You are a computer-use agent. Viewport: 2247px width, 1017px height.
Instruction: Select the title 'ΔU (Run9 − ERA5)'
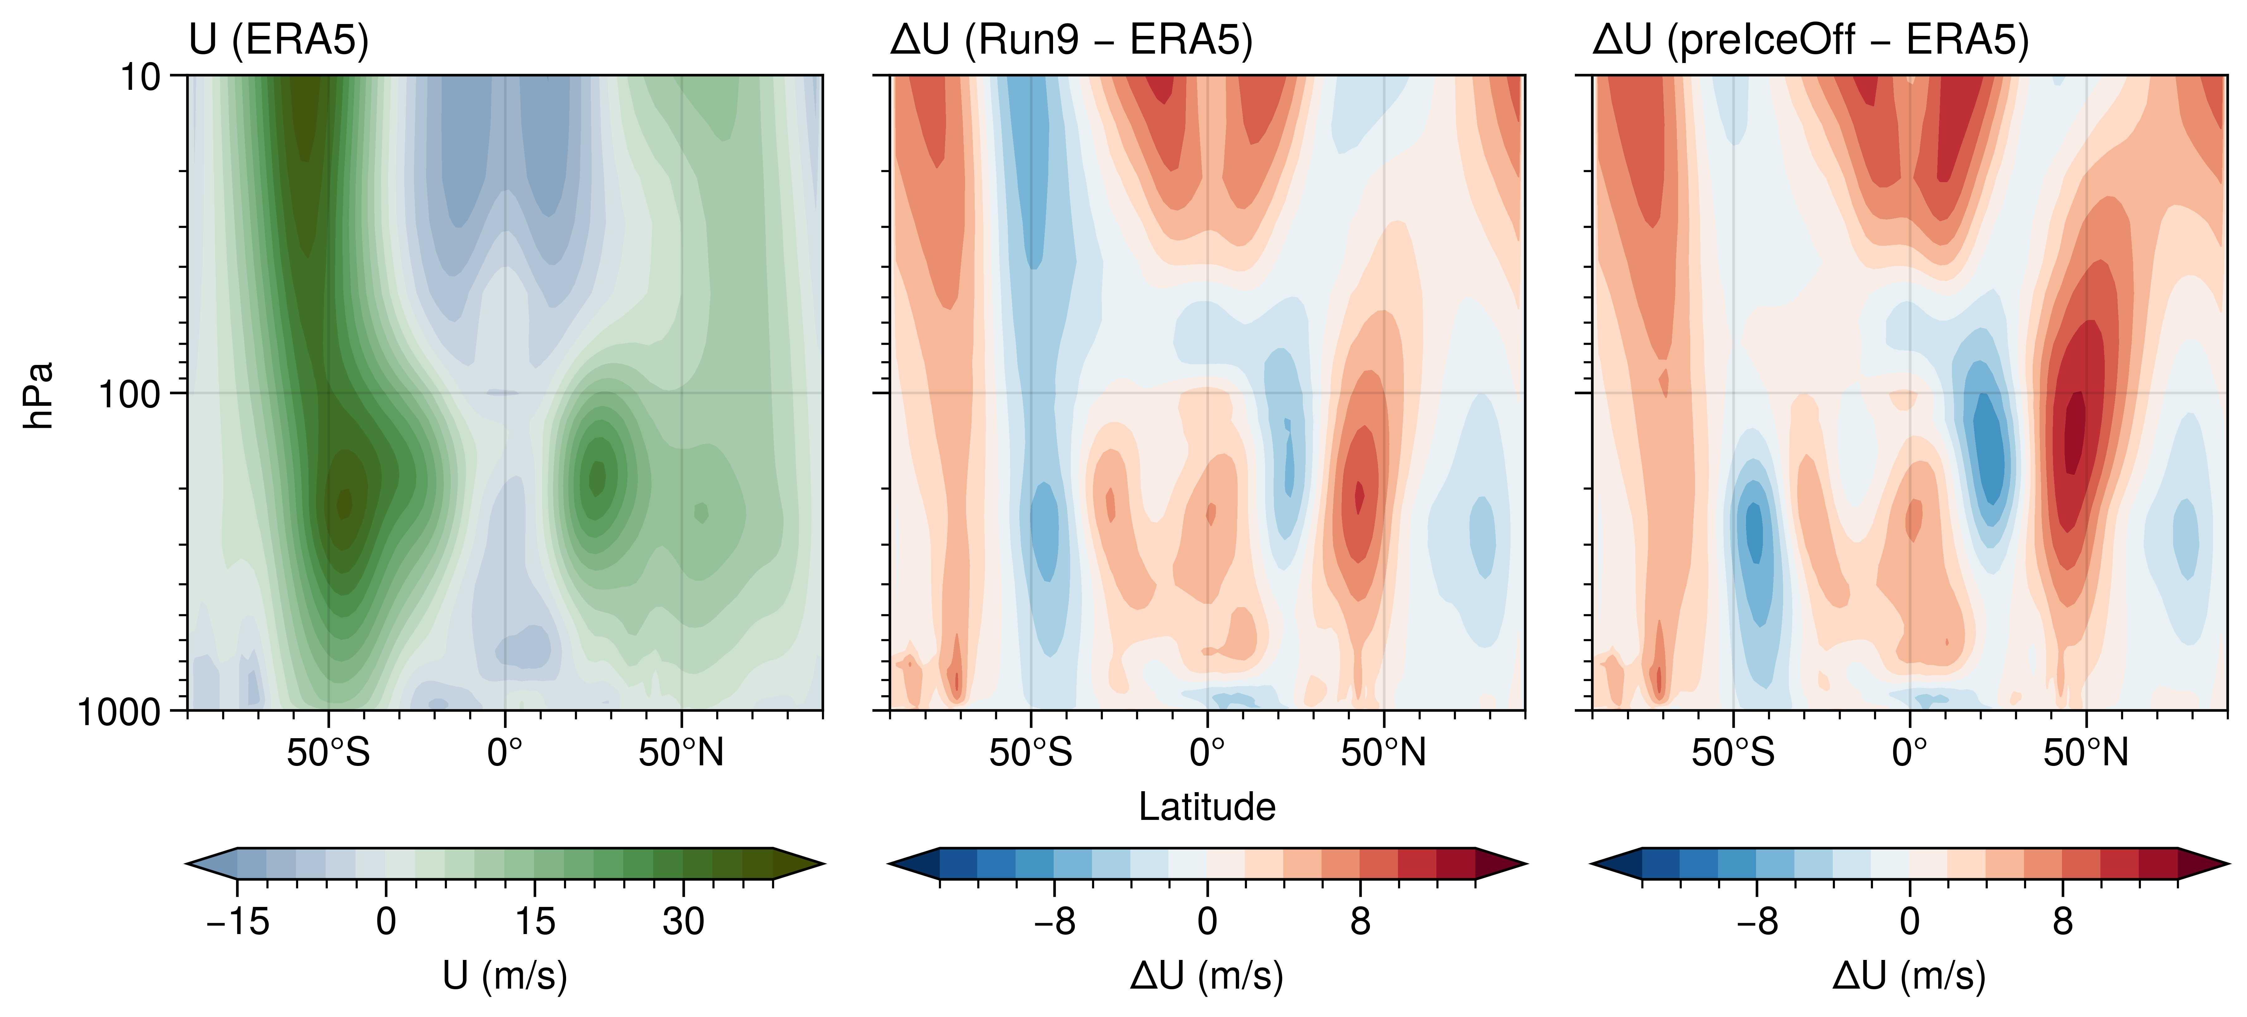pos(1071,40)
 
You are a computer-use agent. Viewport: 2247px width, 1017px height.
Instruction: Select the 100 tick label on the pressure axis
pos(129,394)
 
